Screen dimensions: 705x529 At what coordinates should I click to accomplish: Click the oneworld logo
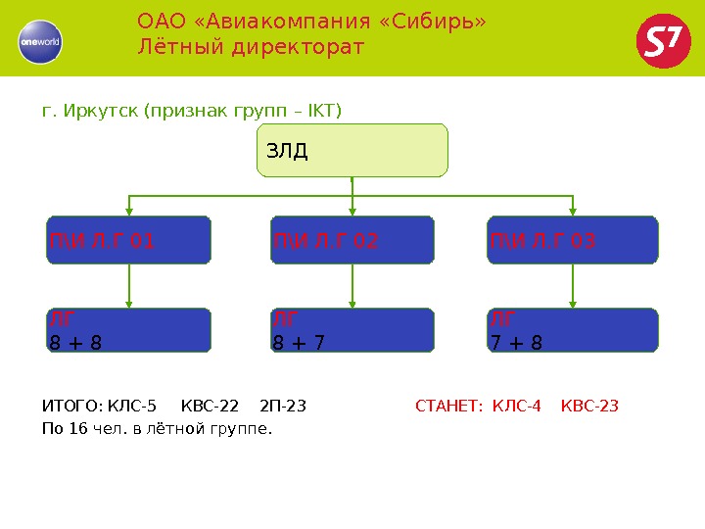click(40, 41)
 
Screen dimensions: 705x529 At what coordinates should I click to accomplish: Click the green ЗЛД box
click(352, 150)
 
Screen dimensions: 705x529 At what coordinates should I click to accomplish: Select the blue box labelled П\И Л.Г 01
click(129, 241)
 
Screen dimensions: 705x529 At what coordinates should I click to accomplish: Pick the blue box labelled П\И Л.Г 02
click(352, 241)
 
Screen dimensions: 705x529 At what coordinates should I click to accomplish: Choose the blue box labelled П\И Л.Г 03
click(573, 241)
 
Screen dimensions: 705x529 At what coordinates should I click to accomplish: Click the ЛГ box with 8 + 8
click(129, 330)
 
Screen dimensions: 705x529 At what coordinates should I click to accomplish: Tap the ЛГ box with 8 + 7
click(352, 330)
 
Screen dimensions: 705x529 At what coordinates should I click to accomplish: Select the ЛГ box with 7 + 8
click(573, 330)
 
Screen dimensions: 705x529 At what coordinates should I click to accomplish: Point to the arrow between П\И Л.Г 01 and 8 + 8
click(130, 286)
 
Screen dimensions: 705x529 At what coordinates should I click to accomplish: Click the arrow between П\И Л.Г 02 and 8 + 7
click(352, 286)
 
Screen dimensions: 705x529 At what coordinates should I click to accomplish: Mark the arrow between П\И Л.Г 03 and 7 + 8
click(573, 286)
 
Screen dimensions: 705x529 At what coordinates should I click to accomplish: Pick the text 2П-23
click(284, 406)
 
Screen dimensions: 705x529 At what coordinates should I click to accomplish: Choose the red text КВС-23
click(590, 406)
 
